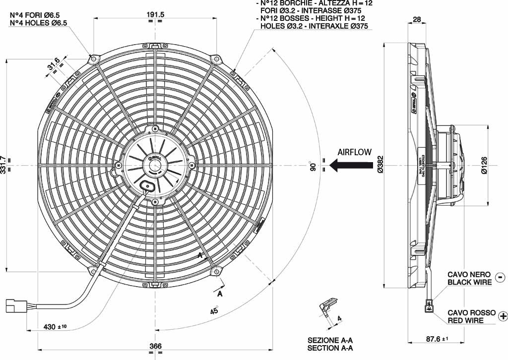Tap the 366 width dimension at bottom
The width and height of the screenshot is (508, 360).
tap(155, 346)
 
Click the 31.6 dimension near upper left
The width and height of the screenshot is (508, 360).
tap(54, 64)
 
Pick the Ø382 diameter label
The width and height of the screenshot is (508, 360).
tap(381, 165)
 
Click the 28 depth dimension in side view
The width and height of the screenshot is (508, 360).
tap(416, 20)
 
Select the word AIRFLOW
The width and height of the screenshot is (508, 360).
tap(354, 152)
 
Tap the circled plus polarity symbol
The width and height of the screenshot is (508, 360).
tap(503, 316)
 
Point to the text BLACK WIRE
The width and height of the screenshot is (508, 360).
tap(469, 282)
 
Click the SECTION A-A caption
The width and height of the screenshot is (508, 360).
tap(330, 348)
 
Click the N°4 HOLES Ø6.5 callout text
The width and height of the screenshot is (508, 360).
tap(39, 23)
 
